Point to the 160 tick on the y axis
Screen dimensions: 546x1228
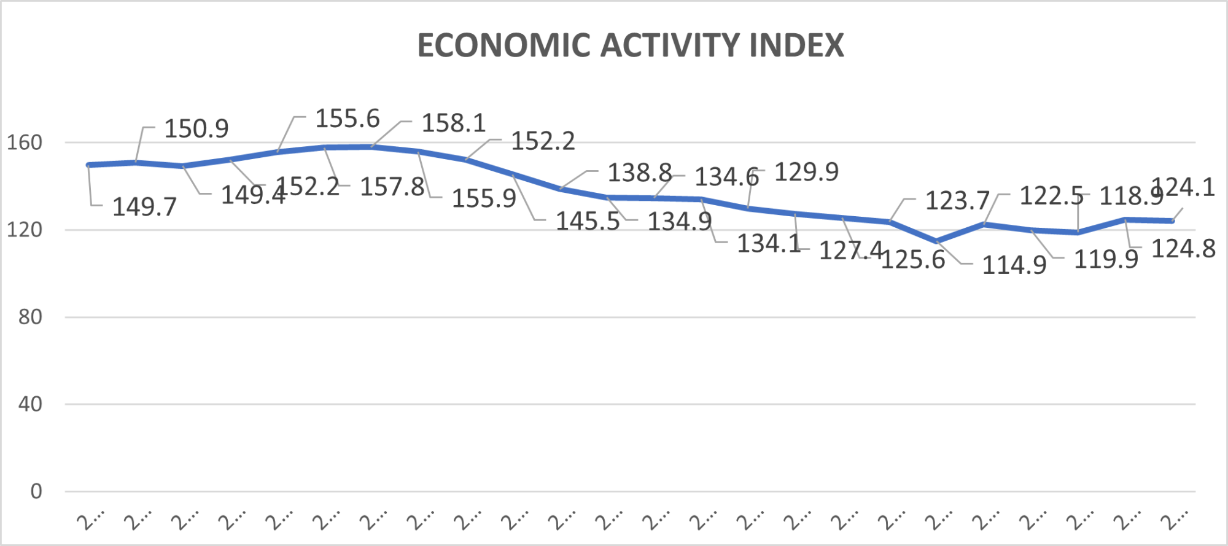(25, 142)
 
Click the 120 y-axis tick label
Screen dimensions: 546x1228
(25, 230)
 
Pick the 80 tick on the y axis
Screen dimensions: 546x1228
(30, 317)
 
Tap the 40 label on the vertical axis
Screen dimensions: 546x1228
(30, 404)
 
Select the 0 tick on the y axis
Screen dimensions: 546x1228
(36, 491)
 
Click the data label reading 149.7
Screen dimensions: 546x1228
(144, 207)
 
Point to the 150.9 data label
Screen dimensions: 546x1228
(196, 129)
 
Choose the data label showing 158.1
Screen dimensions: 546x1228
(454, 123)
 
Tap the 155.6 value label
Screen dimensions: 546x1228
(348, 119)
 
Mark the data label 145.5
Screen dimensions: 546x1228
(588, 221)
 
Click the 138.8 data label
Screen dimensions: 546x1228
(640, 173)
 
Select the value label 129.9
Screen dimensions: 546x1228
(806, 172)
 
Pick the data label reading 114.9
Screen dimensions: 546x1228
(1014, 265)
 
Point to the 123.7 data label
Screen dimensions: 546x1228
(957, 200)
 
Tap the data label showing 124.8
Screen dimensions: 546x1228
(1183, 249)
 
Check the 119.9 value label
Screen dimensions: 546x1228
(1106, 259)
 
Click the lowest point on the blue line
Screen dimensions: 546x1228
(937, 241)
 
